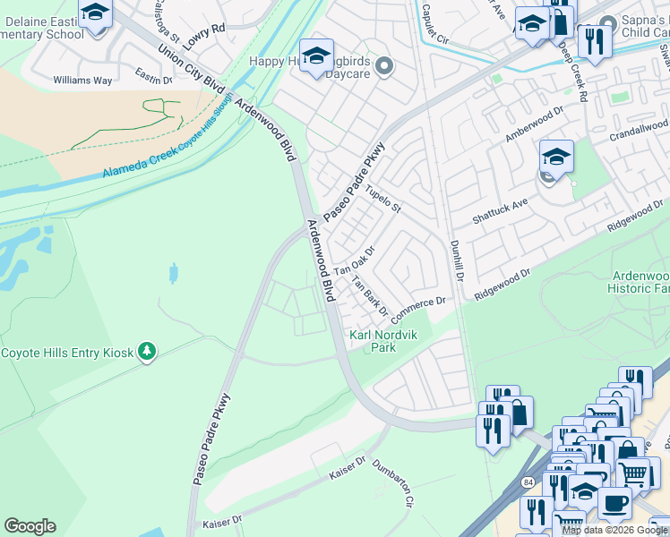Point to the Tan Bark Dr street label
[x=369, y=297]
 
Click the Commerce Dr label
[x=417, y=306]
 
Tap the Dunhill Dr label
[x=453, y=256]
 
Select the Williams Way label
[x=82, y=81]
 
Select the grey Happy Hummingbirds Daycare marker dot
[x=385, y=65]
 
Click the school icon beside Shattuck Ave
[x=556, y=159]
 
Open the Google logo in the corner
[x=30, y=526]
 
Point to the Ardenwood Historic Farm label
[x=640, y=281]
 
